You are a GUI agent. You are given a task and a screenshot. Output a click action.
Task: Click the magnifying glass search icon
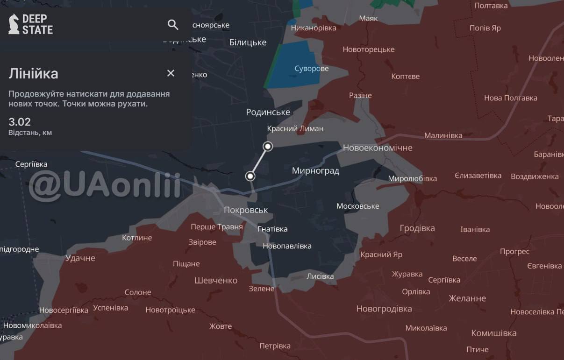point(173,25)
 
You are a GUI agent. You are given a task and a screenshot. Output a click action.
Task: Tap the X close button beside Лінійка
point(171,73)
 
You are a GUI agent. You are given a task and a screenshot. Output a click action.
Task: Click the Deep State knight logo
point(14,24)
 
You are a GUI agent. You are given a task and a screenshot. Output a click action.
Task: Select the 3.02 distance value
point(20,122)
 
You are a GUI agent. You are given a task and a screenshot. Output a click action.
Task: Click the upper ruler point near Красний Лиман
point(268,147)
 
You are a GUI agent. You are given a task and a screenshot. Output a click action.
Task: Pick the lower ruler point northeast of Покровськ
point(250,176)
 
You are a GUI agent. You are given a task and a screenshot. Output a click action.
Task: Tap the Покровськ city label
point(246,210)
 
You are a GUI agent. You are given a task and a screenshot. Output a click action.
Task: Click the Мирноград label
point(315,171)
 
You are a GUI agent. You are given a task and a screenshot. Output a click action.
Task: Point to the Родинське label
point(268,112)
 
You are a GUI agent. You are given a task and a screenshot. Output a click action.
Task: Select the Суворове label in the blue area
point(312,69)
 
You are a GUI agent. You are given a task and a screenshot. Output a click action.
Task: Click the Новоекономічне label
point(378,148)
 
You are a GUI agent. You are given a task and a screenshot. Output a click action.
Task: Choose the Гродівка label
point(417,228)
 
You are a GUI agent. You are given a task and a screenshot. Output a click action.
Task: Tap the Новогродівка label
point(384,309)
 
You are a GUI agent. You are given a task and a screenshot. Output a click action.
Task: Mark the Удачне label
point(80,258)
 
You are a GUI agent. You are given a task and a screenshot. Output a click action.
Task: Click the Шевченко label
point(216,281)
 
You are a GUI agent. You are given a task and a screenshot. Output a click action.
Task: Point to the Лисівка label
point(320,276)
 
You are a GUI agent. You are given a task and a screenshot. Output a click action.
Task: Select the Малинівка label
point(443,136)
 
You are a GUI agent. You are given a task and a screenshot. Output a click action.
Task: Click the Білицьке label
point(248,42)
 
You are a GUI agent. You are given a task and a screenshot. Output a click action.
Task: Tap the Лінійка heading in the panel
point(33,73)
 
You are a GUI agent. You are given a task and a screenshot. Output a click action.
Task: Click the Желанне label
point(467,298)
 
